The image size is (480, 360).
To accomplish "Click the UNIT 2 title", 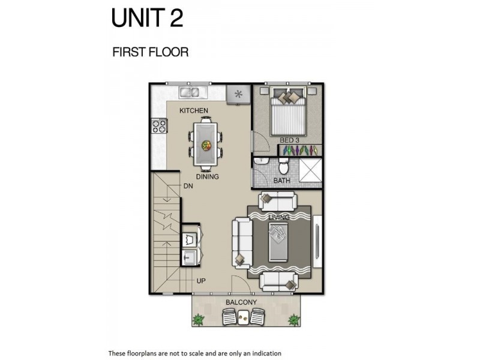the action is pyautogui.click(x=147, y=18).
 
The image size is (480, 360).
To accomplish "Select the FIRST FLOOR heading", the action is pyautogui.click(x=151, y=52).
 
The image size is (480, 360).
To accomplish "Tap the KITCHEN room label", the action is pyautogui.click(x=194, y=110).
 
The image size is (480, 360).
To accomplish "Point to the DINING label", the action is pyautogui.click(x=208, y=176).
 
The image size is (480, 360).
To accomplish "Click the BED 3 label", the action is pyautogui.click(x=289, y=140).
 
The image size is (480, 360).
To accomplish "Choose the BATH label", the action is pyautogui.click(x=281, y=181).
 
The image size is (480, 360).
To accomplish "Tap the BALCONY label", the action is pyautogui.click(x=241, y=302).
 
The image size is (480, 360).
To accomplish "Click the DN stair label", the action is pyautogui.click(x=188, y=186).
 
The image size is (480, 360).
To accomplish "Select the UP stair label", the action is pyautogui.click(x=201, y=281).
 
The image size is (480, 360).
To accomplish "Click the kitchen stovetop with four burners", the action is pyautogui.click(x=159, y=126).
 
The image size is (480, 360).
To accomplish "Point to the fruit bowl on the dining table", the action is pyautogui.click(x=206, y=145).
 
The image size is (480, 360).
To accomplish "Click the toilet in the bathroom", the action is pyautogui.click(x=283, y=166).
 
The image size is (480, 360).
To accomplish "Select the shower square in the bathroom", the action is pyautogui.click(x=310, y=170).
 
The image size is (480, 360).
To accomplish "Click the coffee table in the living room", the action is pyautogui.click(x=278, y=242).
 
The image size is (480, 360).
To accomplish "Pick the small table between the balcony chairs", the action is pyautogui.click(x=244, y=316).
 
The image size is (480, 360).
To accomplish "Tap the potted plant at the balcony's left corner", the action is pyautogui.click(x=199, y=319).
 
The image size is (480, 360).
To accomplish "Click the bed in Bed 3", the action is pyautogui.click(x=288, y=111).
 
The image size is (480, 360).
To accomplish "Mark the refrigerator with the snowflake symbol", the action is pyautogui.click(x=238, y=94).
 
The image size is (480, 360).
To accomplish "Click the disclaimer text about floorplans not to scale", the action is pyautogui.click(x=194, y=353).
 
